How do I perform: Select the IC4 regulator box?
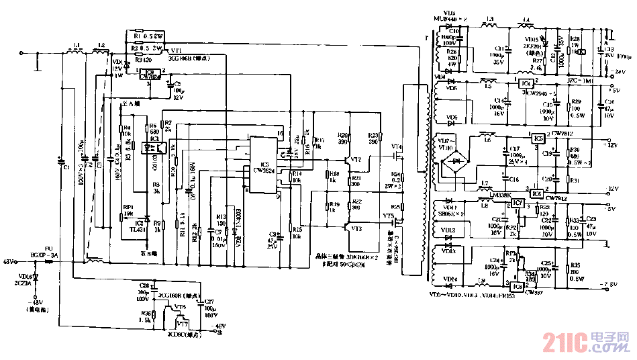pyautogui.click(x=527, y=83)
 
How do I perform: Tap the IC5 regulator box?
pyautogui.click(x=537, y=138)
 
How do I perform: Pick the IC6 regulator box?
pyautogui.click(x=536, y=193)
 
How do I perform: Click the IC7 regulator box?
pyautogui.click(x=516, y=203)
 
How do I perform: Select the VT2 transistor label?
pyautogui.click(x=356, y=159)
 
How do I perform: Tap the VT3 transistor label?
pyautogui.click(x=356, y=228)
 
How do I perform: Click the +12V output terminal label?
pyautogui.click(x=611, y=142)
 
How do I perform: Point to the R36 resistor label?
pyautogui.click(x=145, y=313)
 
